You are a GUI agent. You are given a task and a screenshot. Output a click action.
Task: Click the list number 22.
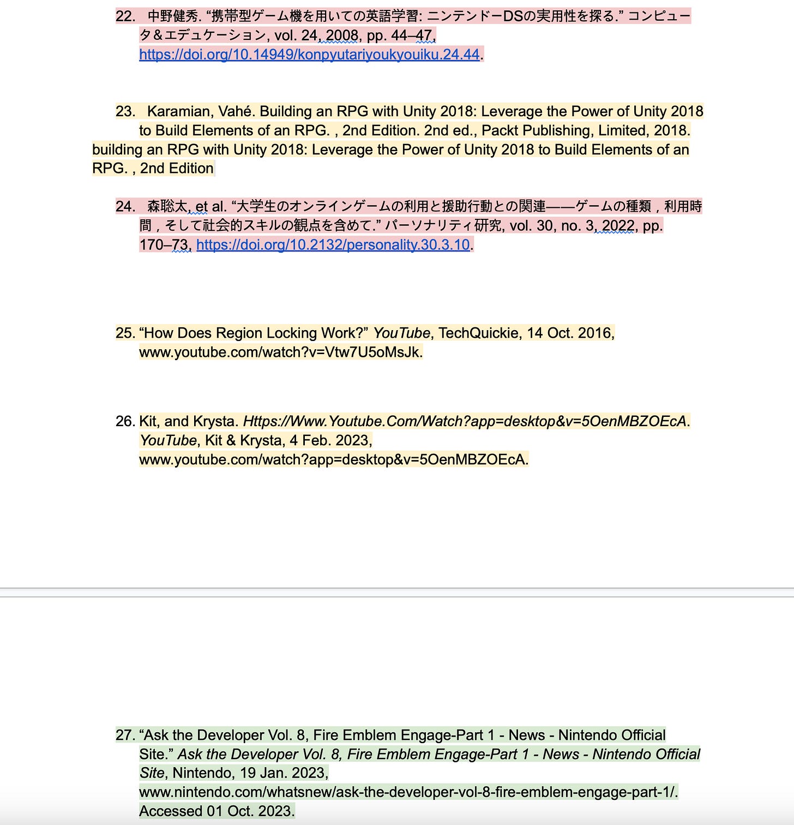point(125,16)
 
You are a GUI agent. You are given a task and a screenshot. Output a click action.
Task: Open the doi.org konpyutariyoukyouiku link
point(309,55)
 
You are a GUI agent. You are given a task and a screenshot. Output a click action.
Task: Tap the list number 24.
point(125,206)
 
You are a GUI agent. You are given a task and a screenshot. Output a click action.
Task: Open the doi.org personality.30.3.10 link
point(333,244)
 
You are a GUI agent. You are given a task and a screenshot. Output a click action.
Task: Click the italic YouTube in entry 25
point(401,333)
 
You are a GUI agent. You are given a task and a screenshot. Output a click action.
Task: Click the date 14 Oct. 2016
point(570,333)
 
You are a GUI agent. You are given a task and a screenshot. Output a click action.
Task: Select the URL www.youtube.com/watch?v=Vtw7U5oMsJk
point(280,352)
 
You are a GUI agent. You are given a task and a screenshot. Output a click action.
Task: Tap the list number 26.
point(125,421)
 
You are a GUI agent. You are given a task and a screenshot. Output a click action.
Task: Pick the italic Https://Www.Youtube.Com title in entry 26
point(464,421)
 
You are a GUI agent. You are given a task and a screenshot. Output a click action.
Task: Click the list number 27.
point(125,735)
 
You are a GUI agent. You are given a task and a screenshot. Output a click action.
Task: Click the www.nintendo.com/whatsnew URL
point(408,792)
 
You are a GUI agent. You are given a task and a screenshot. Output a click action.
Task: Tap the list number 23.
point(125,111)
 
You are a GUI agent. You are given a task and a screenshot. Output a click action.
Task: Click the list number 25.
point(125,333)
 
